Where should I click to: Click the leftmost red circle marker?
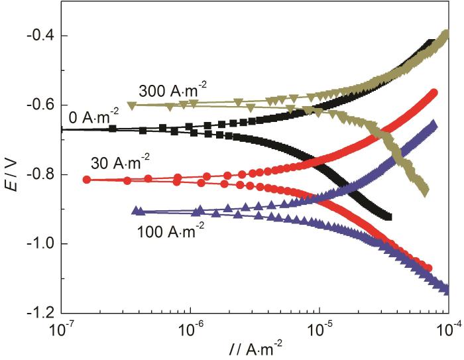point(86,179)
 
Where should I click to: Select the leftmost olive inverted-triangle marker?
point(131,105)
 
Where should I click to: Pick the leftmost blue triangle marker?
point(137,210)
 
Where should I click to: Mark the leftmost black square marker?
point(113,129)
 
